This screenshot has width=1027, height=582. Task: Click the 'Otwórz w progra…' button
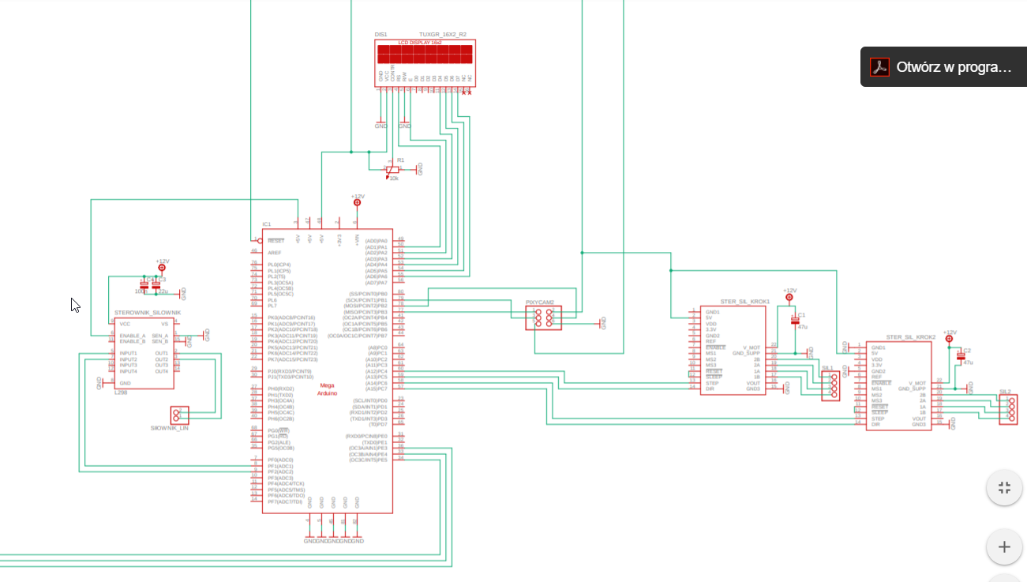click(943, 67)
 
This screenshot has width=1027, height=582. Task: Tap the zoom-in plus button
click(1004, 546)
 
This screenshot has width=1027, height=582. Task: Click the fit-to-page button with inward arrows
click(1004, 487)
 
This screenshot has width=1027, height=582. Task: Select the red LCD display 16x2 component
click(425, 54)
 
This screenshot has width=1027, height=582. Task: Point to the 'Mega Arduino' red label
click(327, 389)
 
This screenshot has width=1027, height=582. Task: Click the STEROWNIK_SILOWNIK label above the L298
click(148, 313)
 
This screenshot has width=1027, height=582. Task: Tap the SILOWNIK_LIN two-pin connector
click(179, 414)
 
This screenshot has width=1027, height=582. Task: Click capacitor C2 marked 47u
click(960, 356)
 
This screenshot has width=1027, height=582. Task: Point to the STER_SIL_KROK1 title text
click(744, 302)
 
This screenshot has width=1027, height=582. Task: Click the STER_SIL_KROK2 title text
click(910, 337)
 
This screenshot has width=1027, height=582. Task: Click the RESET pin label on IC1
click(275, 240)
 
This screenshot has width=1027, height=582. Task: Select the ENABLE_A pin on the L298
click(132, 335)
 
